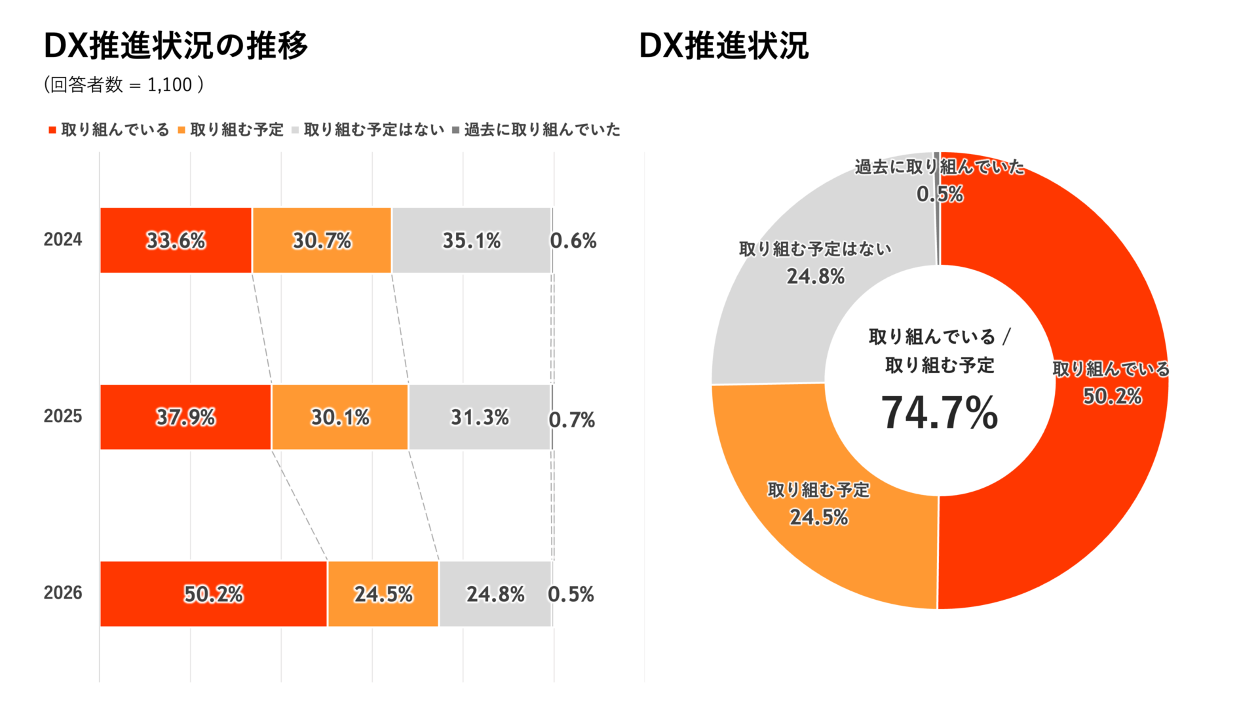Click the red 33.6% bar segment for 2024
176,240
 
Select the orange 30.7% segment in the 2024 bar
322,240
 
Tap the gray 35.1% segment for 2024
472,240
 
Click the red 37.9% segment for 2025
185,417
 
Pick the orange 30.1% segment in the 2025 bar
340,417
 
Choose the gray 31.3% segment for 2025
480,417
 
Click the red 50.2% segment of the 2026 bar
214,594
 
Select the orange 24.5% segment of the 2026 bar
383,594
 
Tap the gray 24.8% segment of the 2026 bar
495,594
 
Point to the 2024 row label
63,239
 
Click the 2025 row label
63,416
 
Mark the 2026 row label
63,593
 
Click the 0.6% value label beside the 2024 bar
573,241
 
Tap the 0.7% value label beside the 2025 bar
572,420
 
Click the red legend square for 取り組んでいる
52,130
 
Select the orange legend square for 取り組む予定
181,130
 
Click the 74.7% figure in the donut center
939,413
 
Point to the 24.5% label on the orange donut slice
819,518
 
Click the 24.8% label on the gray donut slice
816,277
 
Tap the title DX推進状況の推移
176,46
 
